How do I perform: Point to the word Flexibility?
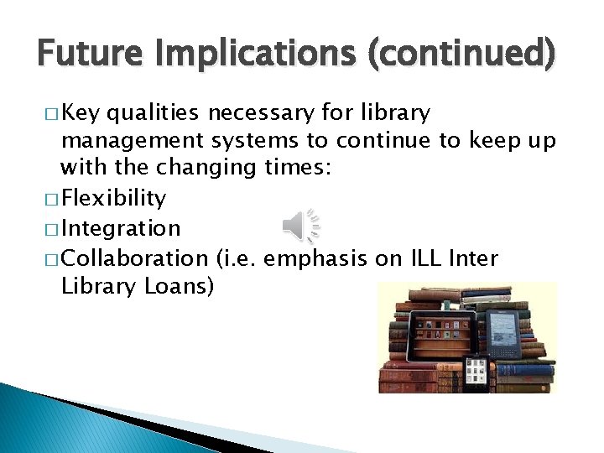114,199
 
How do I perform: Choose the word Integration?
121,228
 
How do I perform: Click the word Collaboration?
134,258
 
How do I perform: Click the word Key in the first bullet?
82,112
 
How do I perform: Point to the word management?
132,141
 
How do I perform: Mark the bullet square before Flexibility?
53,200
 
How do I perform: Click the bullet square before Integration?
53,229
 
